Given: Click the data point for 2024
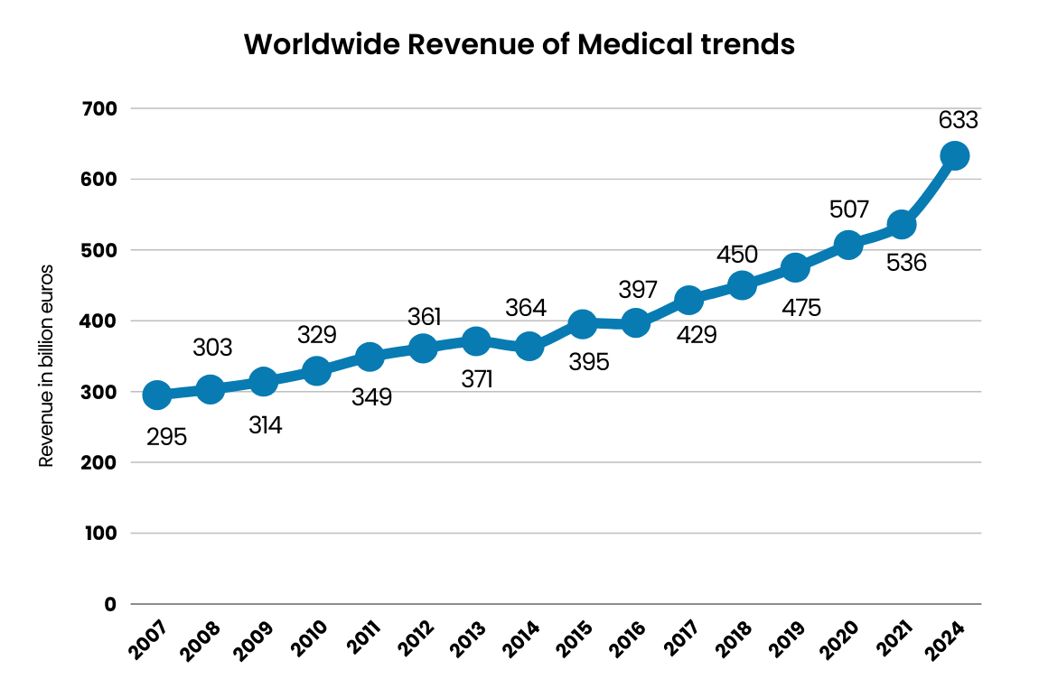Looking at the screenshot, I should (954, 155).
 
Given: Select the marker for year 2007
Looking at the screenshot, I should (156, 395).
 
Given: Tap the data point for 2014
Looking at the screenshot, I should (529, 346).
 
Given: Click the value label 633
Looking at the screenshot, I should (959, 121).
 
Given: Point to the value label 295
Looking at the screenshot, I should (167, 438).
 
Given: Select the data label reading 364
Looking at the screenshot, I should (526, 308).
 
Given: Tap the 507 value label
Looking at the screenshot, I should (848, 210).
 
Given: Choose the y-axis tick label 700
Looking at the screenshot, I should (100, 108).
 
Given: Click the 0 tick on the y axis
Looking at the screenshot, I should (110, 604).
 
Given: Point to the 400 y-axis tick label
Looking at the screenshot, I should (100, 321).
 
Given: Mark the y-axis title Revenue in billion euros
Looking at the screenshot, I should (46, 366).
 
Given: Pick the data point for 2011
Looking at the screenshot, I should (370, 356).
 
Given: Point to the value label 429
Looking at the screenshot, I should (696, 335).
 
